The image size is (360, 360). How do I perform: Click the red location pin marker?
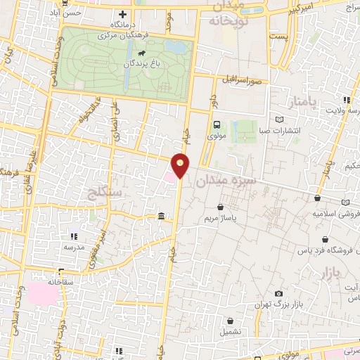181,165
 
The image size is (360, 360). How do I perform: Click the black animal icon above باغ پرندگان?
142,53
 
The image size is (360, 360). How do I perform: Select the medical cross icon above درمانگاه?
124,15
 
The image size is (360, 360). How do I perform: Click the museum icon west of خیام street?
162,216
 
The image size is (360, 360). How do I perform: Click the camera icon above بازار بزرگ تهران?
279,293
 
